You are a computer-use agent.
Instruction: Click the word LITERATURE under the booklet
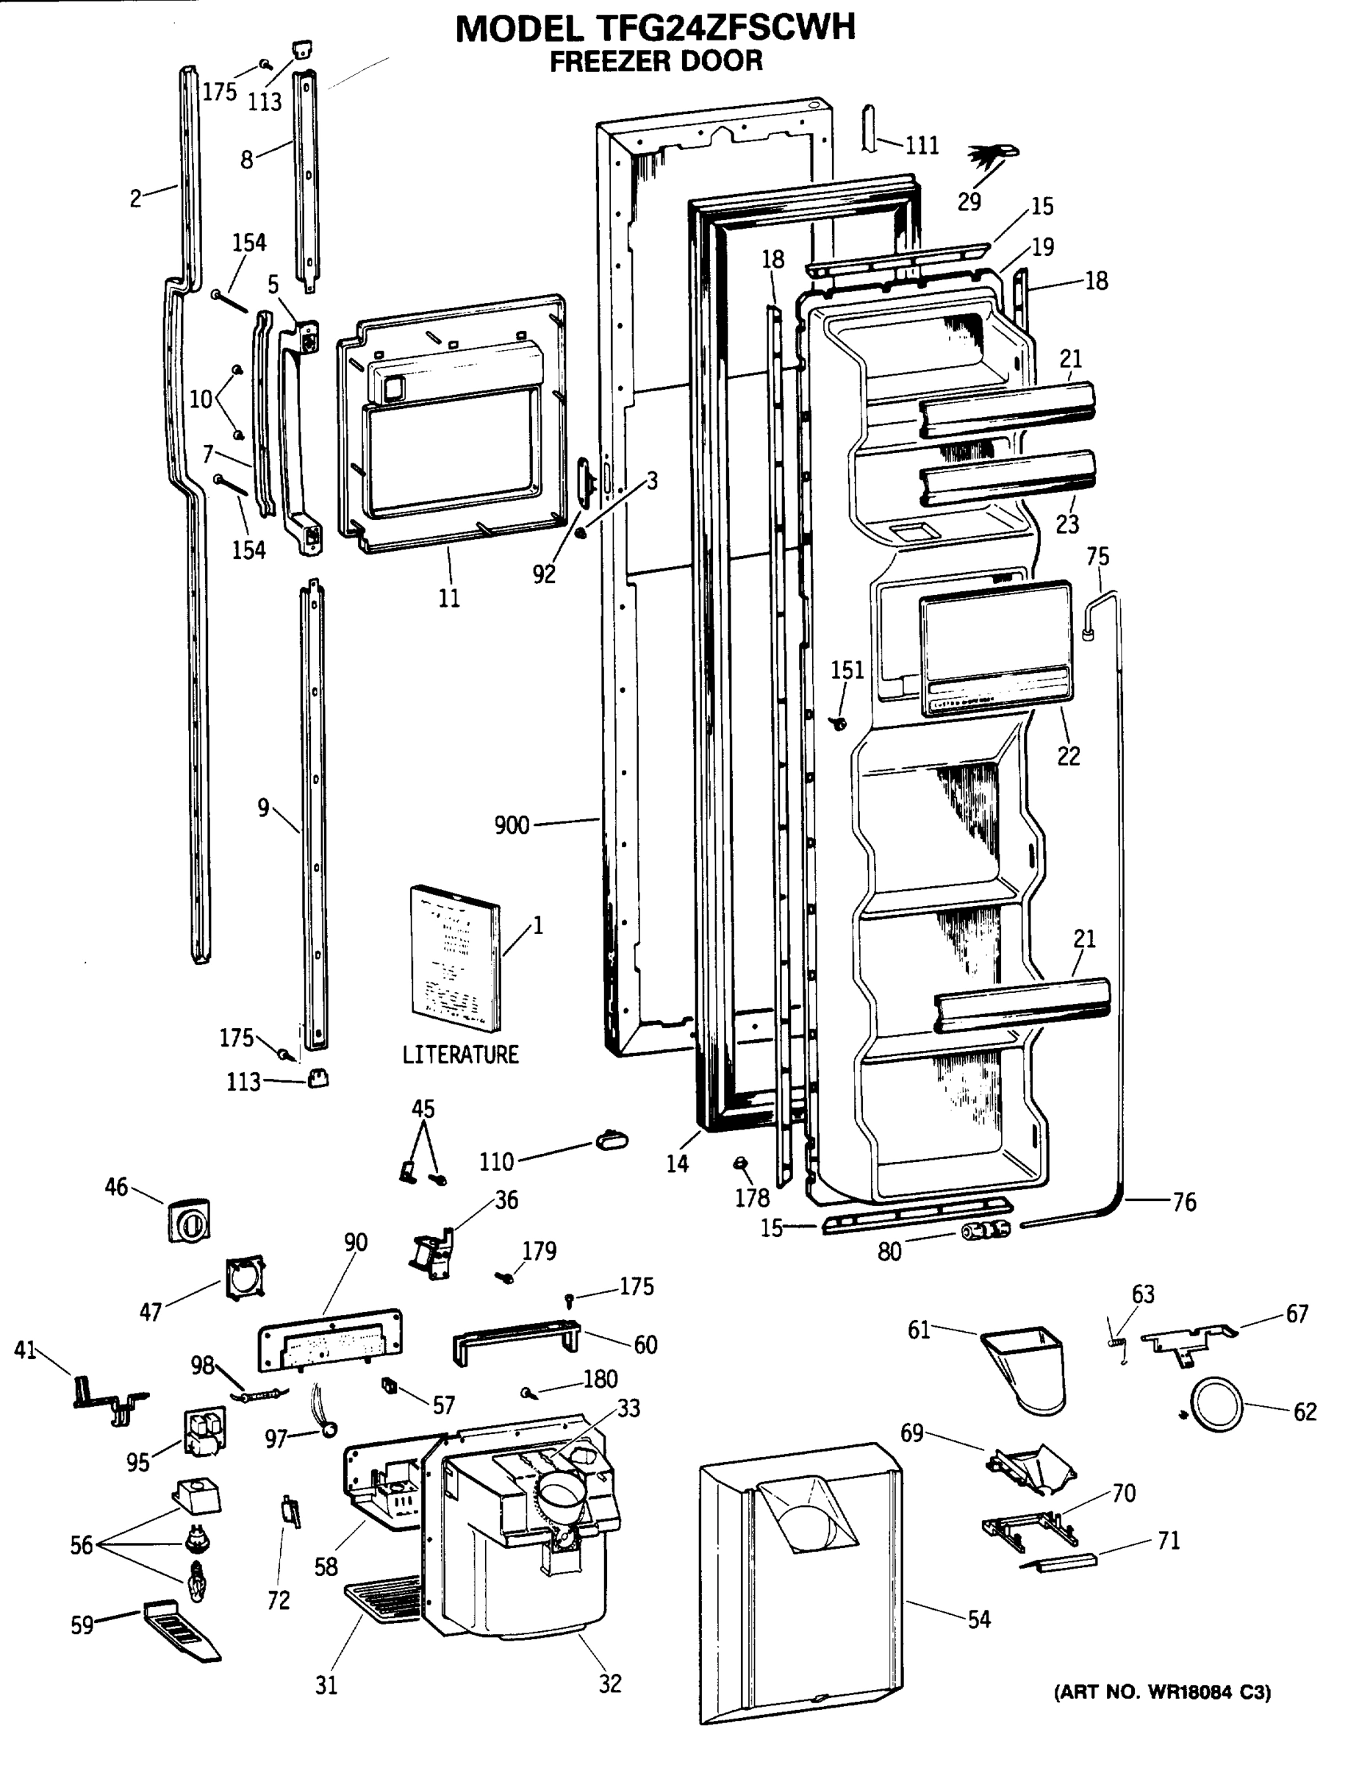pyautogui.click(x=461, y=1054)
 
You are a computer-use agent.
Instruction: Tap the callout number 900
pyautogui.click(x=512, y=824)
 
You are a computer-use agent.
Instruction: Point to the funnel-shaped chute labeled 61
pyautogui.click(x=1028, y=1367)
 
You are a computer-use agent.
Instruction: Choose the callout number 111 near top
pyautogui.click(x=922, y=146)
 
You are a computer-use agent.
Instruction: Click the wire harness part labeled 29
pyautogui.click(x=992, y=156)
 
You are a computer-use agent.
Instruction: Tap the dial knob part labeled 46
pyautogui.click(x=190, y=1221)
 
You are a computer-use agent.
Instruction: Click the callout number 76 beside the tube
pyautogui.click(x=1184, y=1202)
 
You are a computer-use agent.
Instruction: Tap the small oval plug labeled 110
pyautogui.click(x=612, y=1139)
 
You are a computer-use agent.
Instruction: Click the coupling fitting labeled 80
pyautogui.click(x=986, y=1230)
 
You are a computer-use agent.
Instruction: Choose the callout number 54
pyautogui.click(x=979, y=1619)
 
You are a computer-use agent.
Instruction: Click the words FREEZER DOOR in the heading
pyautogui.click(x=656, y=61)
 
